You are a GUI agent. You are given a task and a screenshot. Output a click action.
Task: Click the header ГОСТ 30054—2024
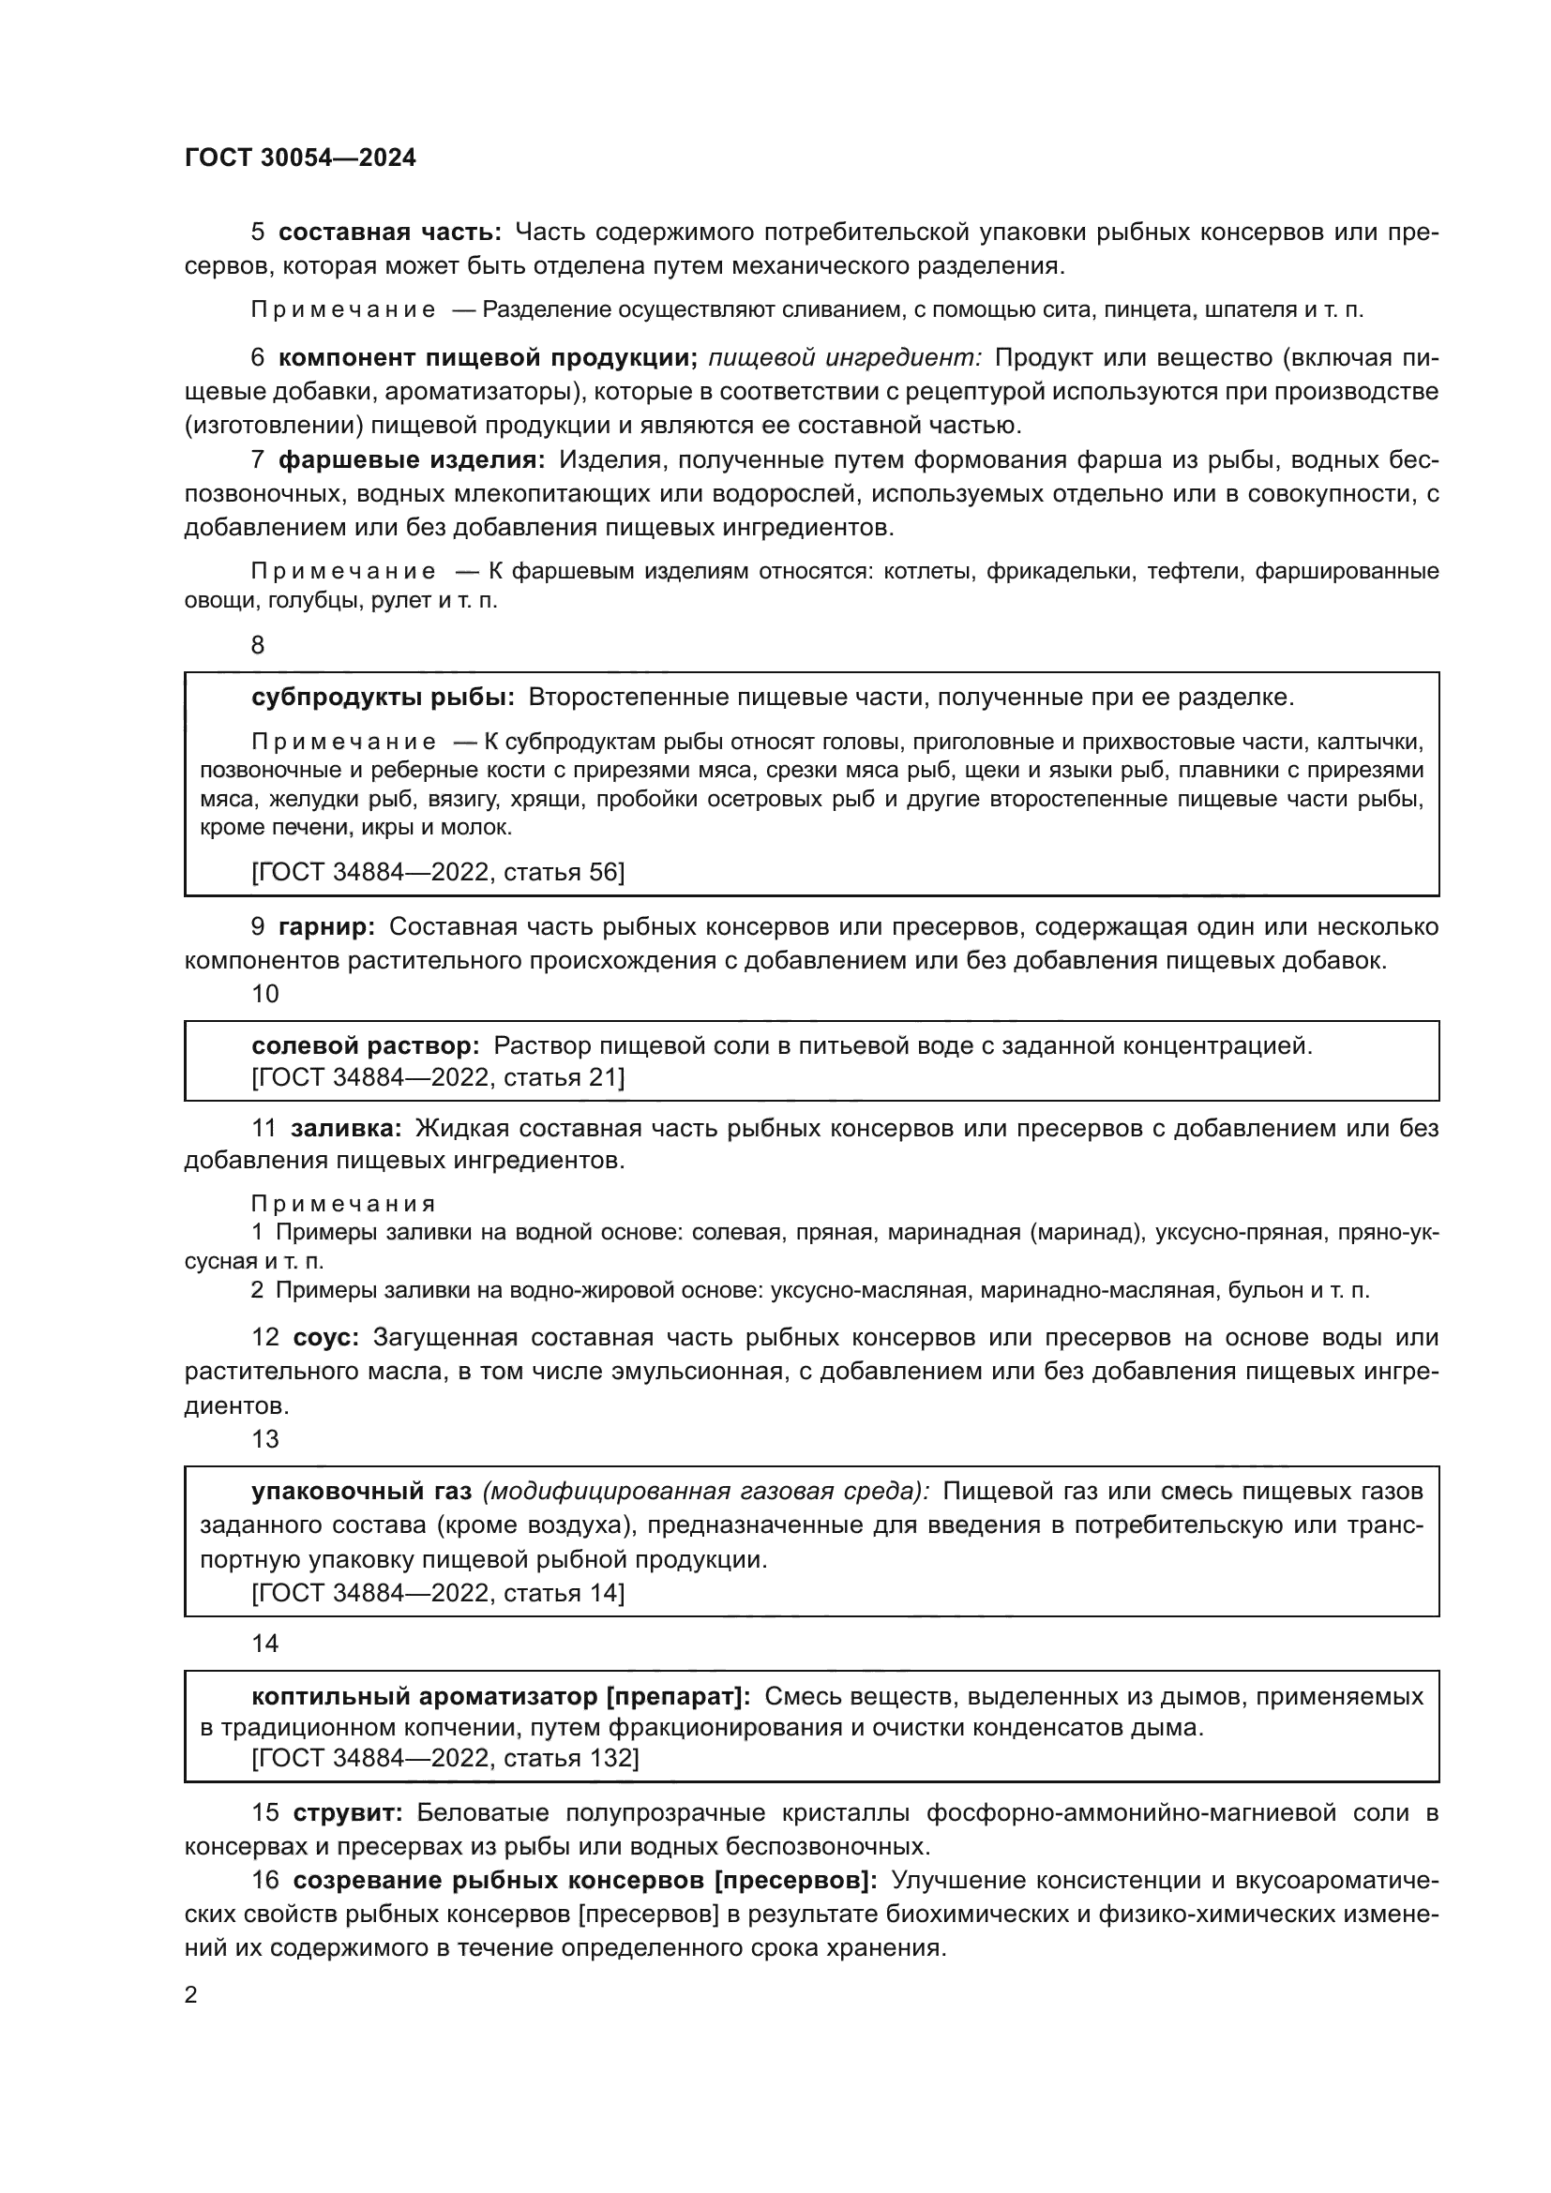point(300,158)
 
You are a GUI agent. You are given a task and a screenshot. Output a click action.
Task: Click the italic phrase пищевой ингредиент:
point(844,358)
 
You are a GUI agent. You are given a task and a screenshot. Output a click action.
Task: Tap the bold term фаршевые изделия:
point(412,460)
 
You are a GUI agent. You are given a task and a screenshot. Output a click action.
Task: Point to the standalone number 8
point(258,646)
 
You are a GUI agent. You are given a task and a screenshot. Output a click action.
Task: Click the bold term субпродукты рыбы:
point(382,698)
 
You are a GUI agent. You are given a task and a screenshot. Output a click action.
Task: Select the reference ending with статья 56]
point(437,872)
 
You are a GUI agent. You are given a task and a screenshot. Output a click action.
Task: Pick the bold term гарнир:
point(326,927)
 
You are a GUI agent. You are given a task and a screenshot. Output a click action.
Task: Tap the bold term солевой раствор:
point(366,1046)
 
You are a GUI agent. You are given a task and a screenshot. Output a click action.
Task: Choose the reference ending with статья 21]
point(437,1077)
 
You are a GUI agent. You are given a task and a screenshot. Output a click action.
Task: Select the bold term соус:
point(325,1338)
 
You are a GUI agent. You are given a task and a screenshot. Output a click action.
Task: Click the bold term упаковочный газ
point(362,1492)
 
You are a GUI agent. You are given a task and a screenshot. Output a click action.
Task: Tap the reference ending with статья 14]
point(437,1593)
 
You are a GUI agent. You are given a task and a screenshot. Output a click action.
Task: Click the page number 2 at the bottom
point(191,1995)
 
